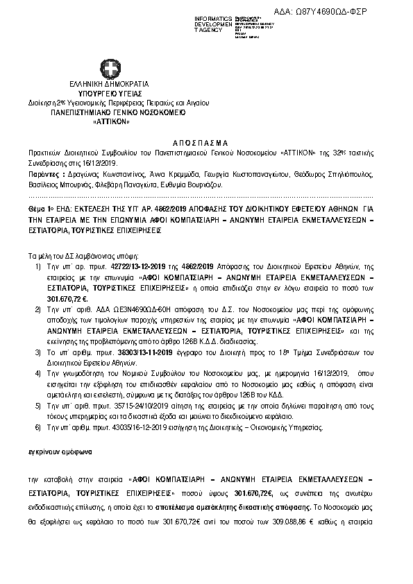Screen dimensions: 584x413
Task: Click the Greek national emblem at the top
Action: [x=109, y=70]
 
